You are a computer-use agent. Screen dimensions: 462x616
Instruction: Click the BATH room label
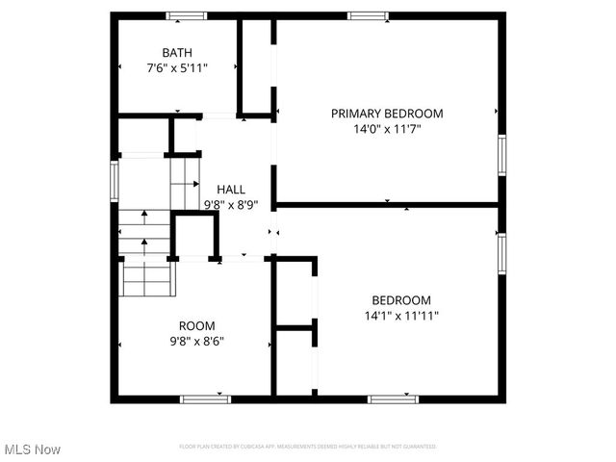(x=177, y=52)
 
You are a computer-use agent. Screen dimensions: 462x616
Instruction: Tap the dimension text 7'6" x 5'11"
(x=177, y=68)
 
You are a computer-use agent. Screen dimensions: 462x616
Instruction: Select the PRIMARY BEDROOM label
(x=387, y=114)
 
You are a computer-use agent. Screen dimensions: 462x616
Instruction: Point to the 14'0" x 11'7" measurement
(x=387, y=130)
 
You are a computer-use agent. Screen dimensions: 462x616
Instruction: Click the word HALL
(x=231, y=190)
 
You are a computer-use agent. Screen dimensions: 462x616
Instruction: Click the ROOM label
(x=197, y=325)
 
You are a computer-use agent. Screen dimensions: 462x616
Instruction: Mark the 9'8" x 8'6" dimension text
(x=198, y=341)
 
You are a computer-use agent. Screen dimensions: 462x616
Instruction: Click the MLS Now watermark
(x=33, y=449)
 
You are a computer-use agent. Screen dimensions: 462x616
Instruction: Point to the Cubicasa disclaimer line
(x=308, y=447)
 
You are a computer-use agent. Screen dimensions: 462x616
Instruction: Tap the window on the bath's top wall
(x=186, y=15)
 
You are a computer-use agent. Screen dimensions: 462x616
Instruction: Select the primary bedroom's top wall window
(x=369, y=15)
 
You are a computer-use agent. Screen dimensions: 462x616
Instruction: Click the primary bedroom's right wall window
(x=501, y=155)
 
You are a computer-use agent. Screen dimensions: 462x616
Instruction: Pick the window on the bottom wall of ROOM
(x=206, y=398)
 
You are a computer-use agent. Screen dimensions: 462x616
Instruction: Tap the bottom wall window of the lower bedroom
(x=393, y=398)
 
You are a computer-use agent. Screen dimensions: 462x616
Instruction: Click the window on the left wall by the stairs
(x=115, y=179)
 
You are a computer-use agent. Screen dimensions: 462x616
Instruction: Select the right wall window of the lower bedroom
(x=501, y=251)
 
